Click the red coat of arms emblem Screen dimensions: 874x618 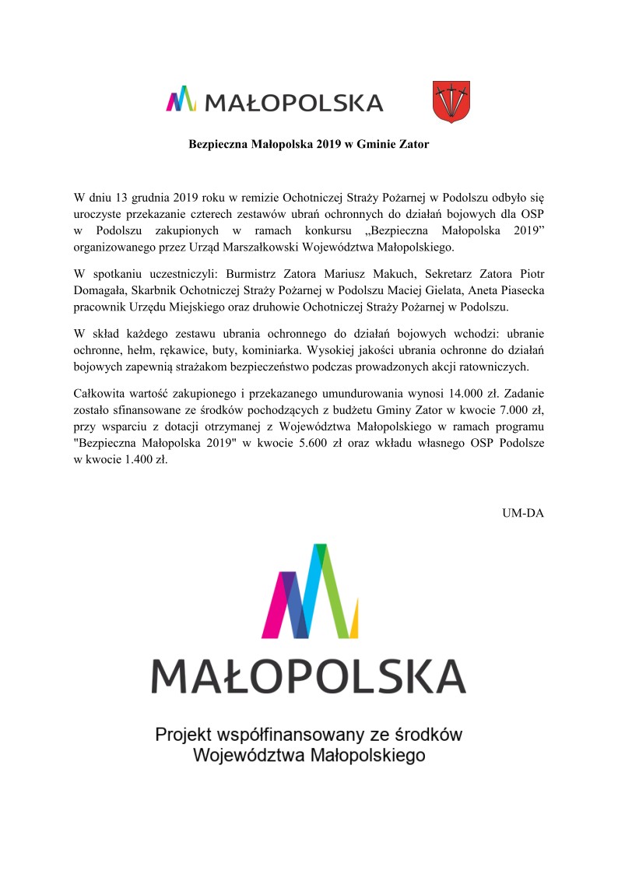tap(451, 102)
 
